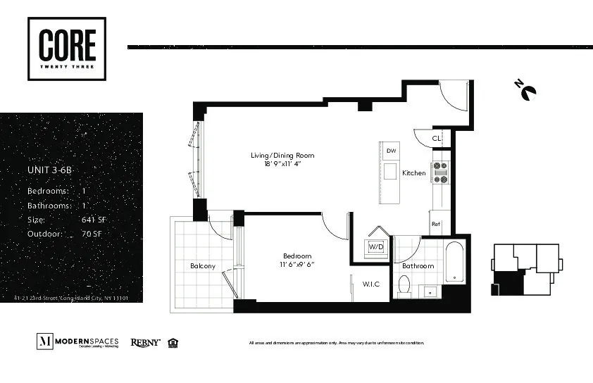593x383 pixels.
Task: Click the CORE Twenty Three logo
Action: tap(67, 48)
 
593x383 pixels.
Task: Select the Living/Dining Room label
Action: tap(282, 155)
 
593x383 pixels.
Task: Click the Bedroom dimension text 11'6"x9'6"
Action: tap(296, 265)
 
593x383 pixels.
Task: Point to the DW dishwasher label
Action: tap(390, 150)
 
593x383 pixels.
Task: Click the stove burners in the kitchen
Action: tap(440, 172)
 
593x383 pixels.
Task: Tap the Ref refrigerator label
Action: tap(436, 225)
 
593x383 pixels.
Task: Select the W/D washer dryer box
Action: tap(375, 246)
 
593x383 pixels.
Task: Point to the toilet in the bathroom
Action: tap(404, 285)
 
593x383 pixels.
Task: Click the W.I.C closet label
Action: tap(371, 284)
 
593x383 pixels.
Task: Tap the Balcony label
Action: tap(203, 266)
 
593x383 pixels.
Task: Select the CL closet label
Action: tap(437, 139)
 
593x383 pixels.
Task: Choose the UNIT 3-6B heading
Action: tap(50, 170)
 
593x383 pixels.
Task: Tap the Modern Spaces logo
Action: tap(77, 342)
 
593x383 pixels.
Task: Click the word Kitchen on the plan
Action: tap(414, 172)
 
